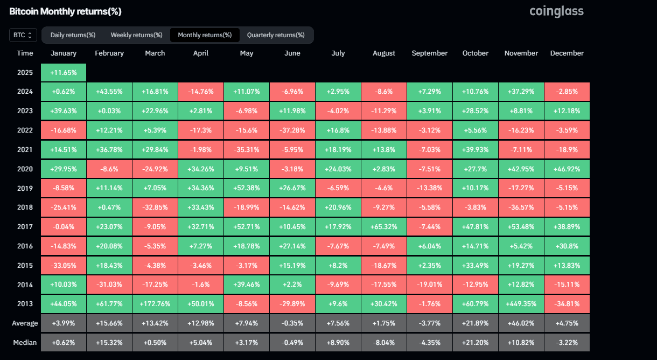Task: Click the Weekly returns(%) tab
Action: coord(136,35)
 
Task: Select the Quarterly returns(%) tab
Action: coord(275,35)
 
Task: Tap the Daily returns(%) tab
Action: coord(73,35)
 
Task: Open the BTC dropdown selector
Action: coord(23,35)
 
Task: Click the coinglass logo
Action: coord(556,11)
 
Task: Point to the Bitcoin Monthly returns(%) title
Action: coord(65,11)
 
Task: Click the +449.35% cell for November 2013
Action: coord(521,303)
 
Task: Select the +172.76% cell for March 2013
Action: coord(155,303)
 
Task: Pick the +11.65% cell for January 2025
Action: coord(64,72)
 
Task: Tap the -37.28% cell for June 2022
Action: coord(292,130)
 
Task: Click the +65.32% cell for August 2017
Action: coord(383,226)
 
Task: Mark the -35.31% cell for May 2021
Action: coord(246,149)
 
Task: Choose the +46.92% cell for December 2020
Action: coord(567,169)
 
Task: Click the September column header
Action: coord(429,53)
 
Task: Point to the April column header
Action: coord(200,53)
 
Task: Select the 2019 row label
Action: coord(25,188)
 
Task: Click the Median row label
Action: coord(25,342)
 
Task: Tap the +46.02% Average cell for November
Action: coord(521,323)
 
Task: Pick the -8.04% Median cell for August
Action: coord(383,342)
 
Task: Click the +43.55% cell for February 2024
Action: coord(109,92)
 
